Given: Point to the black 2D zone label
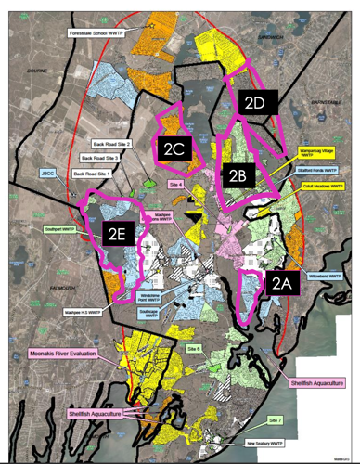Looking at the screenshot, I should coord(256,103).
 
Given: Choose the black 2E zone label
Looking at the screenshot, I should coord(115,236).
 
